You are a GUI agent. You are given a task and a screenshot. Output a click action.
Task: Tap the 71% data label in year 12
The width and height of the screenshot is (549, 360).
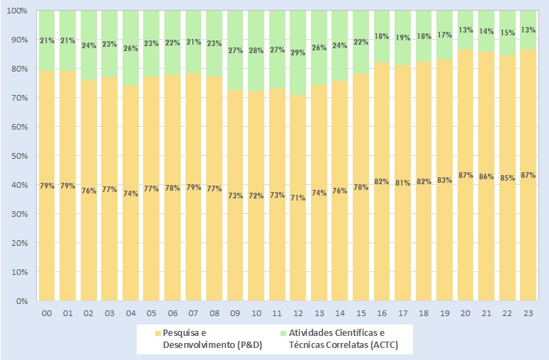(x=298, y=198)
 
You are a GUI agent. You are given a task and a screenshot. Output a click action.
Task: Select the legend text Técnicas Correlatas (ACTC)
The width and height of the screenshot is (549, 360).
(x=339, y=344)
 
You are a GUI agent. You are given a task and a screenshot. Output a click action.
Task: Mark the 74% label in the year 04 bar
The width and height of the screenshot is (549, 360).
(x=131, y=193)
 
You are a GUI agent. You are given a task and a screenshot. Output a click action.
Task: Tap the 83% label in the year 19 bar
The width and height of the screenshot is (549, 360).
(x=445, y=180)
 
